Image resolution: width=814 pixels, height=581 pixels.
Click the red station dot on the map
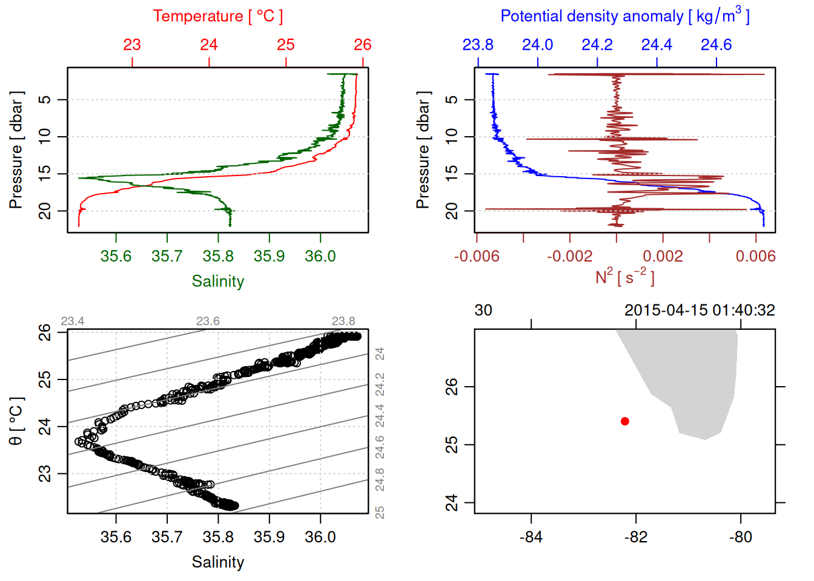point(625,421)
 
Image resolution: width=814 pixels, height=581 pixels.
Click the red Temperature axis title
point(217,16)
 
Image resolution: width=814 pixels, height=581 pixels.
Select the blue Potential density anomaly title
point(624,16)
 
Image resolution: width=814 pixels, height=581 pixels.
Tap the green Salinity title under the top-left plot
point(217,281)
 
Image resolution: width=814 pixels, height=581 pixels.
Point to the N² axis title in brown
point(624,277)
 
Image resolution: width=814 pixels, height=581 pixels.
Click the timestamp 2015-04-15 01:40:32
point(700,310)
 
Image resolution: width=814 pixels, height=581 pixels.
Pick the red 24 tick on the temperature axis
point(209,45)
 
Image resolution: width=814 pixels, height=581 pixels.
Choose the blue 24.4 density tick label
point(657,45)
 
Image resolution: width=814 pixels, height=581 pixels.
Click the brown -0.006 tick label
point(477,257)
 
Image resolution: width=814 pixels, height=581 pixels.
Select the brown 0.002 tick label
point(663,257)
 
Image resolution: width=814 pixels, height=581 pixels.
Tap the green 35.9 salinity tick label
point(269,257)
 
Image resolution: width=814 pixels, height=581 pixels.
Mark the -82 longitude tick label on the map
point(635,537)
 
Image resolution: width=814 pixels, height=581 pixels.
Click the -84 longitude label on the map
point(531,537)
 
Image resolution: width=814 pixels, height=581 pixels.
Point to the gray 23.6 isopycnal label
point(208,321)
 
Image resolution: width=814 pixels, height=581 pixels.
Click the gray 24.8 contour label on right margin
point(380,480)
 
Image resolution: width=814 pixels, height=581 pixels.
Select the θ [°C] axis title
point(16,421)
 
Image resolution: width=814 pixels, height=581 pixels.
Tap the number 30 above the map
point(483,310)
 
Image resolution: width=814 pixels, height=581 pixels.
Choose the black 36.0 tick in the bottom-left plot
point(320,537)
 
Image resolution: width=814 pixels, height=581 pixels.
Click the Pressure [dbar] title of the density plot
point(423,150)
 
